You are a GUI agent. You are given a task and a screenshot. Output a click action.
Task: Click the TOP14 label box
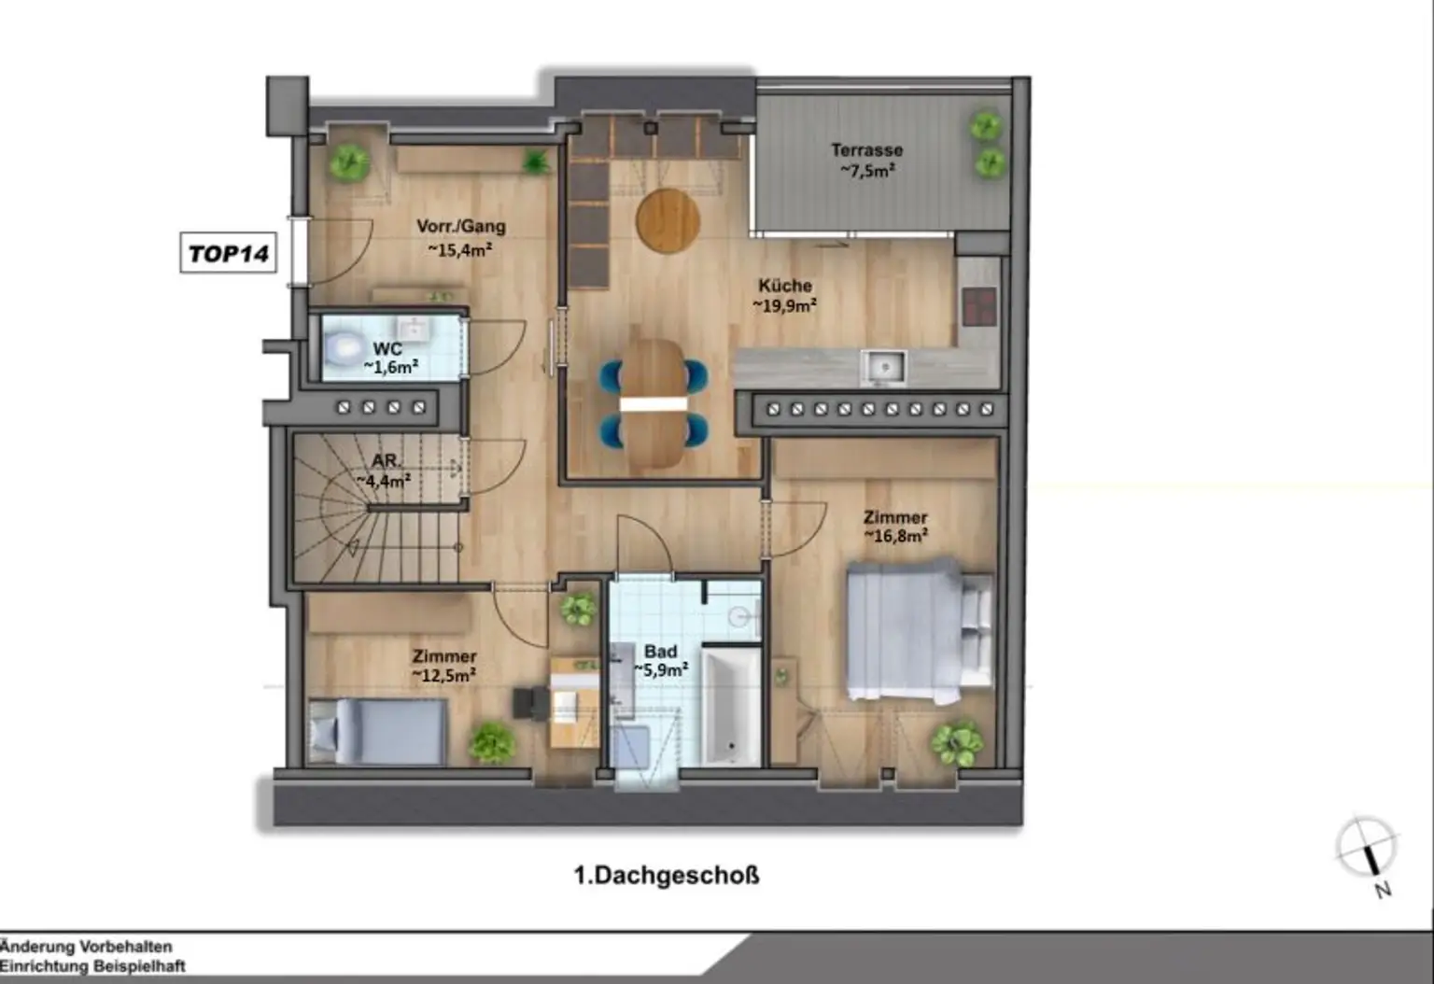click(228, 253)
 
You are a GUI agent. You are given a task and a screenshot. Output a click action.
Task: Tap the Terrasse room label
click(867, 160)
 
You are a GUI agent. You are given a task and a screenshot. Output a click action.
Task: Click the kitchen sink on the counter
click(882, 366)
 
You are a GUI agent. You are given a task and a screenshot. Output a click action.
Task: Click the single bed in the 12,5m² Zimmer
click(378, 731)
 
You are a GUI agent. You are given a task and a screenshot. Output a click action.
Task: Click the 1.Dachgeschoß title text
click(667, 876)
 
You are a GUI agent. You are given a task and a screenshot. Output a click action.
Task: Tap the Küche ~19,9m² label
click(785, 295)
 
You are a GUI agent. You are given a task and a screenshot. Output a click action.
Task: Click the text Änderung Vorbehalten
click(86, 947)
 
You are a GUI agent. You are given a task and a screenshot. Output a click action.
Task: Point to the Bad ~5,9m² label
click(661, 660)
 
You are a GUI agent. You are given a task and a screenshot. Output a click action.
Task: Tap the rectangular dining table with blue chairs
click(654, 403)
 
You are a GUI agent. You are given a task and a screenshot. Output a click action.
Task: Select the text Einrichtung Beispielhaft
click(92, 966)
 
